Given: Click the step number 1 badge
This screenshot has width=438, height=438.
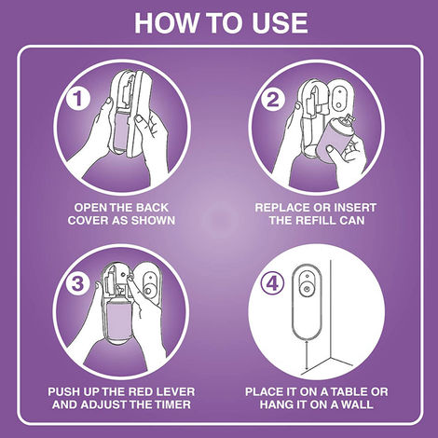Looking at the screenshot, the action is tap(77, 99).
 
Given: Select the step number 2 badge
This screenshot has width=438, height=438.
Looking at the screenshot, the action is tap(273, 100).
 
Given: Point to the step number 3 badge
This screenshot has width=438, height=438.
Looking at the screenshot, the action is tap(77, 283).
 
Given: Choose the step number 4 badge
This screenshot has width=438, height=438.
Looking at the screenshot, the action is tap(272, 284).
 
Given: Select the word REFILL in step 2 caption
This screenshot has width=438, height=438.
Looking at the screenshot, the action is tap(316, 221).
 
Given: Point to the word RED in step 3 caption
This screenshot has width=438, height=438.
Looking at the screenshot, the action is tap(141, 391).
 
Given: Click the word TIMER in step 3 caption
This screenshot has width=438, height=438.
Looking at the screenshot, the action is tap(173, 404).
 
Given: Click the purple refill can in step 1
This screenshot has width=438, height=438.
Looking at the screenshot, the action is tap(121, 130).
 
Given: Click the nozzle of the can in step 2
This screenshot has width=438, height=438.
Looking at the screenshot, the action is tap(349, 118).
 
